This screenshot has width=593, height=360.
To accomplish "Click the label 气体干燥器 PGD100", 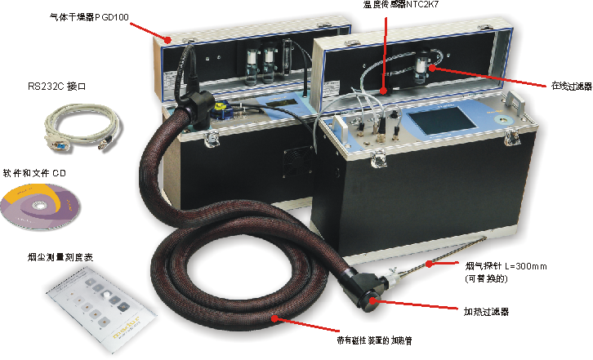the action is pyautogui.click(x=89, y=17).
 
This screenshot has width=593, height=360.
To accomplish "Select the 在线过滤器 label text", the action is pyautogui.click(x=572, y=86).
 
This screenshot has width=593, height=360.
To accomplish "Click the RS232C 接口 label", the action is pyautogui.click(x=56, y=87).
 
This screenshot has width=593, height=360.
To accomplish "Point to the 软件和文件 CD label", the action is pyautogui.click(x=34, y=173).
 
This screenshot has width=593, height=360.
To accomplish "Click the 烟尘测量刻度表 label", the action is pyautogui.click(x=60, y=257).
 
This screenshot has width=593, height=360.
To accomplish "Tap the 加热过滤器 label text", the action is pyautogui.click(x=486, y=312).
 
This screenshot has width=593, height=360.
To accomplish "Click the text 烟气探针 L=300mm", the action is pyautogui.click(x=506, y=266).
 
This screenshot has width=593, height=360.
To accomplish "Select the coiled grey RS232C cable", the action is pyautogui.click(x=82, y=127).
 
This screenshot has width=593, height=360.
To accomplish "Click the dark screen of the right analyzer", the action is pyautogui.click(x=444, y=121).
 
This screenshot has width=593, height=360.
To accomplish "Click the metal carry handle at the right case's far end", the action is pyautogui.click(x=516, y=101).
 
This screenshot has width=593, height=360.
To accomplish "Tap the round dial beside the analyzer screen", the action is pyautogui.click(x=504, y=120).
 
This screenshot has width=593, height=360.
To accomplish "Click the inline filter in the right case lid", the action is pyautogui.click(x=422, y=66).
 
